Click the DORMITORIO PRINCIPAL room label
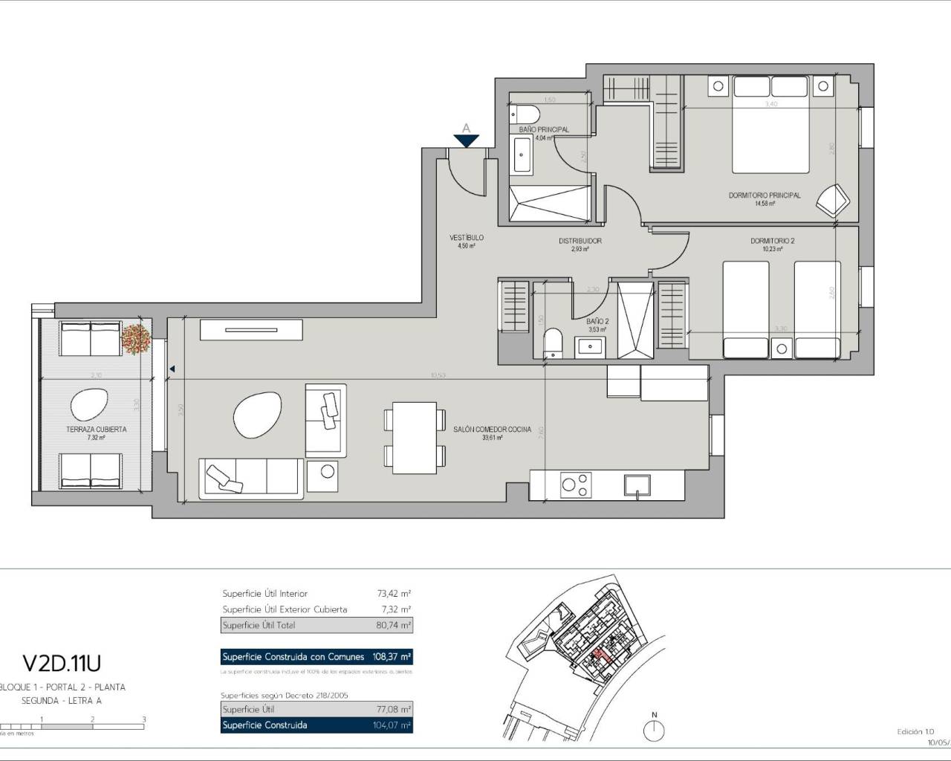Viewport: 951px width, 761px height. [x=765, y=195]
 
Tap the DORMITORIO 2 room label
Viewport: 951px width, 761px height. [x=772, y=241]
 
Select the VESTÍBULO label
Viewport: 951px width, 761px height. [x=466, y=238]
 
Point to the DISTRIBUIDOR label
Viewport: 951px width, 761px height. [x=580, y=241]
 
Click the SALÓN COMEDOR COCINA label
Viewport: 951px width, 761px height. [x=492, y=430]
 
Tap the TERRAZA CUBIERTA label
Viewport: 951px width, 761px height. [x=96, y=430]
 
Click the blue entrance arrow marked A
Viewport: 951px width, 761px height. [x=467, y=138]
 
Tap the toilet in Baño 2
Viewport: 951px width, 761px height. [x=554, y=343]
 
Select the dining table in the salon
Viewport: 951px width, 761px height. [x=415, y=438]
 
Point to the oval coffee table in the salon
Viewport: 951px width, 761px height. [x=258, y=416]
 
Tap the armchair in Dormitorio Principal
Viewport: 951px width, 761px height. [x=832, y=200]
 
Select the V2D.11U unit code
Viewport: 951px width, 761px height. [x=62, y=662]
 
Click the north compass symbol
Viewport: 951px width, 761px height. [x=654, y=731]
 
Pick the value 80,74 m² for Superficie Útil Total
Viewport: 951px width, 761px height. [x=393, y=626]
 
